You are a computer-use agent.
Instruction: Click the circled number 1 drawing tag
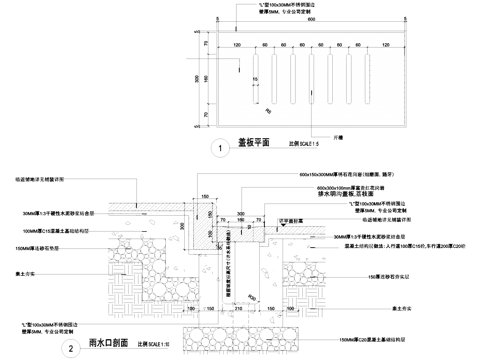[x=218, y=148]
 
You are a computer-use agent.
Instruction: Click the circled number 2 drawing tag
[x=66, y=349]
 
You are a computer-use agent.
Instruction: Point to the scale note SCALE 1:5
[x=304, y=146]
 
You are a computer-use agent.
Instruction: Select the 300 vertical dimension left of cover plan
[x=197, y=77]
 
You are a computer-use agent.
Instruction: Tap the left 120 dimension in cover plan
[x=237, y=46]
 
